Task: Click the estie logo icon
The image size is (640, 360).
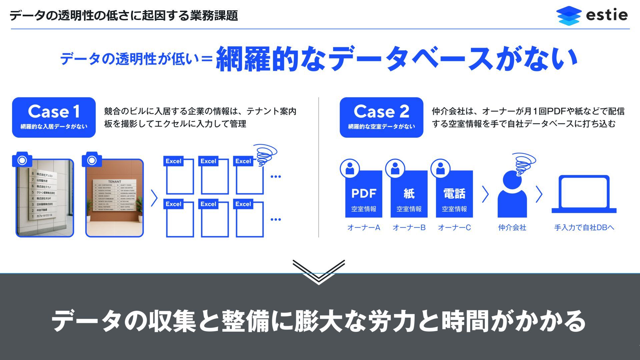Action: click(569, 15)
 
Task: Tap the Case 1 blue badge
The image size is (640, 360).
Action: click(54, 117)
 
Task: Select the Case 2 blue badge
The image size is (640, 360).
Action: click(381, 117)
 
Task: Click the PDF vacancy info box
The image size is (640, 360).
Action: click(364, 194)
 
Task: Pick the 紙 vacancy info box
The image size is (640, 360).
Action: click(409, 194)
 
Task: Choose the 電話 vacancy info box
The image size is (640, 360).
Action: click(454, 194)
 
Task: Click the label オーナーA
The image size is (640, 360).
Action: click(364, 228)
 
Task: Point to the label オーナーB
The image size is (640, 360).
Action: click(409, 228)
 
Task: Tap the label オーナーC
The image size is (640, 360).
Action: click(454, 228)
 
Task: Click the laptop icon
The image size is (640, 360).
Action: click(584, 194)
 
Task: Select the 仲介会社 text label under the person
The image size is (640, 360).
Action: click(512, 228)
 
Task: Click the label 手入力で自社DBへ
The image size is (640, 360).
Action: click(584, 228)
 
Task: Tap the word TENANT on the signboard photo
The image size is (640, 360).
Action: click(114, 182)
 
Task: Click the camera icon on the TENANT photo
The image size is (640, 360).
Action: click(92, 160)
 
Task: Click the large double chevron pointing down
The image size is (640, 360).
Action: click(319, 272)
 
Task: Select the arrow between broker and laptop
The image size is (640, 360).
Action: click(539, 194)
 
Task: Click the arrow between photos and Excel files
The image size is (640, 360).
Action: click(154, 198)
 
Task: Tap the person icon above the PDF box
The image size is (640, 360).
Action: click(350, 168)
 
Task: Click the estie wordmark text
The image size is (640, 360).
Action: click(607, 15)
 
